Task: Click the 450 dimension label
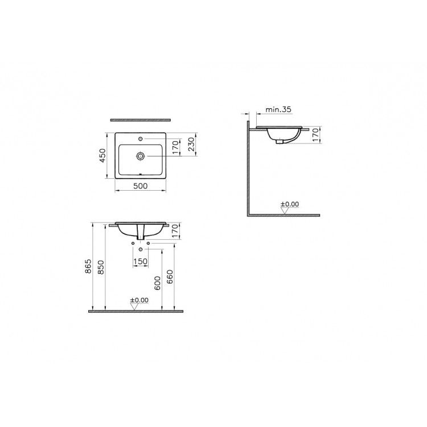coord(102,155)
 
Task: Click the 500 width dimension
coord(140,186)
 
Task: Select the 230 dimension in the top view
coord(192,145)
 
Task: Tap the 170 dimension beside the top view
coord(176,147)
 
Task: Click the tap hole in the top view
coord(141,139)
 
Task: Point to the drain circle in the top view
coord(141,156)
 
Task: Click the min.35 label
coord(278,109)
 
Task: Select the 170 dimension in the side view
coord(315,135)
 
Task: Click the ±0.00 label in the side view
coord(290,204)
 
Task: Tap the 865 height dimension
coord(88,266)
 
